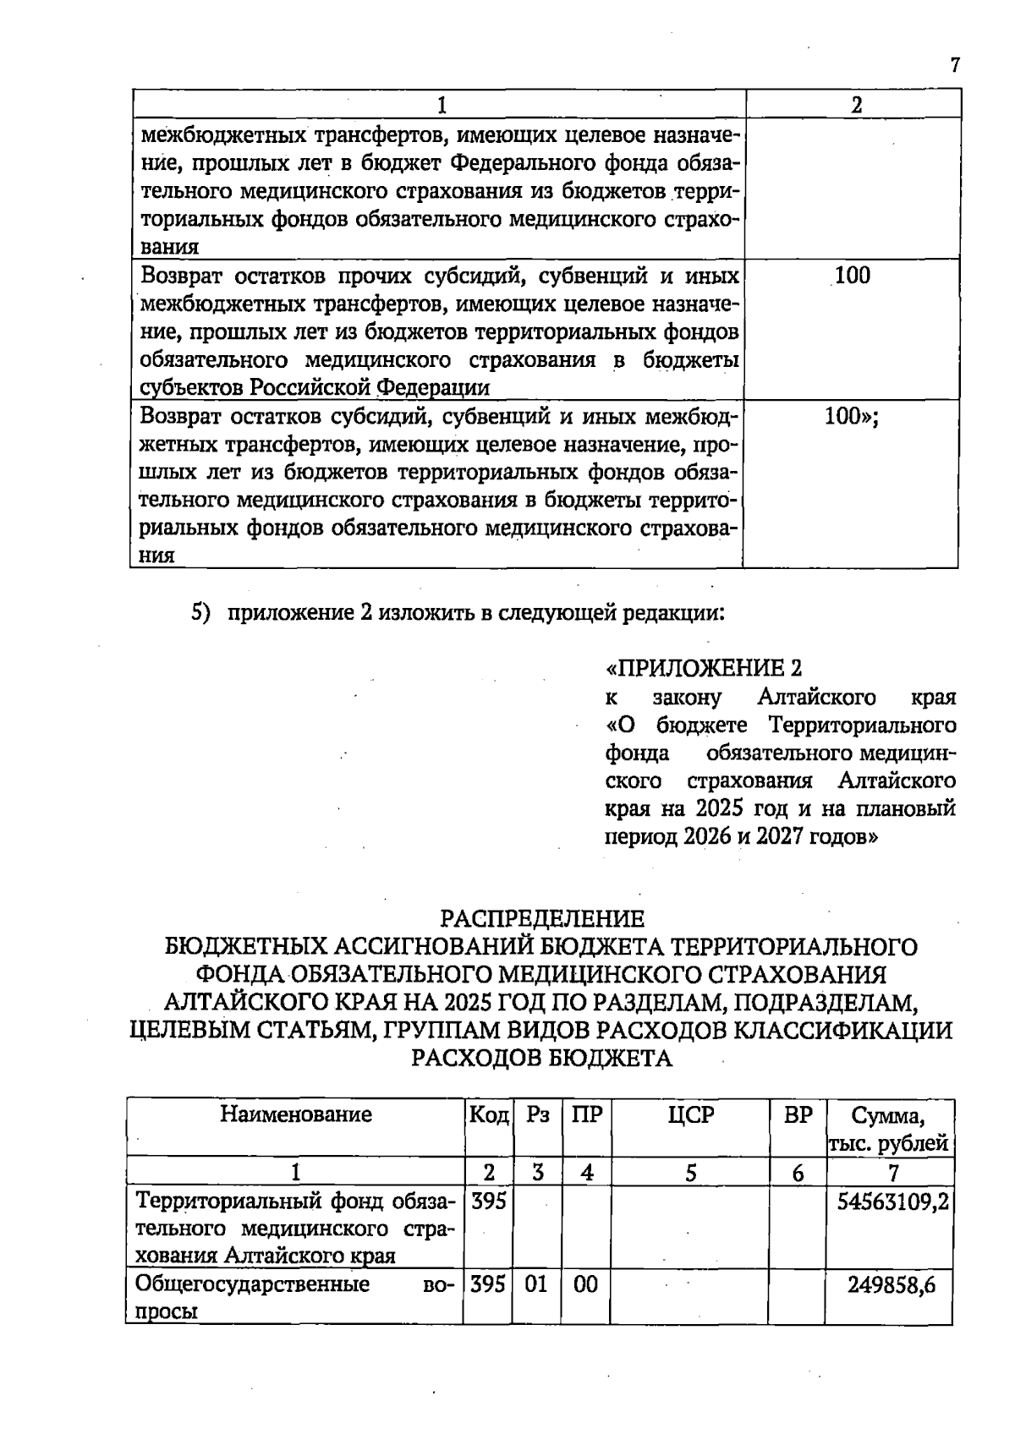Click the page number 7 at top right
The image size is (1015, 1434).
[x=955, y=66]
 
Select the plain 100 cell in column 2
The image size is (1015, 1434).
[x=852, y=276]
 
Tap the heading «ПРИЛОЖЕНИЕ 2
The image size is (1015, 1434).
[x=703, y=669]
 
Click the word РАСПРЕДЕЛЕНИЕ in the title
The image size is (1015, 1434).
[x=542, y=918]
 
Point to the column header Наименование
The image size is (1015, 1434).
[x=296, y=1114]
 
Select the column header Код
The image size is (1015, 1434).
[x=488, y=1114]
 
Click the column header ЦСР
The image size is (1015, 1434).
[x=690, y=1114]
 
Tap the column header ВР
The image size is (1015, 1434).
[x=798, y=1114]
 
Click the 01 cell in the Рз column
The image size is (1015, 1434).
[x=536, y=1285]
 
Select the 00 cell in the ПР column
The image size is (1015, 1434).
[x=585, y=1285]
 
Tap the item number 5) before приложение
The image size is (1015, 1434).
[x=199, y=612]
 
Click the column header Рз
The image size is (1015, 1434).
[x=537, y=1114]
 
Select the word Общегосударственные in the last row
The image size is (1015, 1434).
[x=253, y=1285]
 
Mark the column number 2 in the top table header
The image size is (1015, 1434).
[x=856, y=105]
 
